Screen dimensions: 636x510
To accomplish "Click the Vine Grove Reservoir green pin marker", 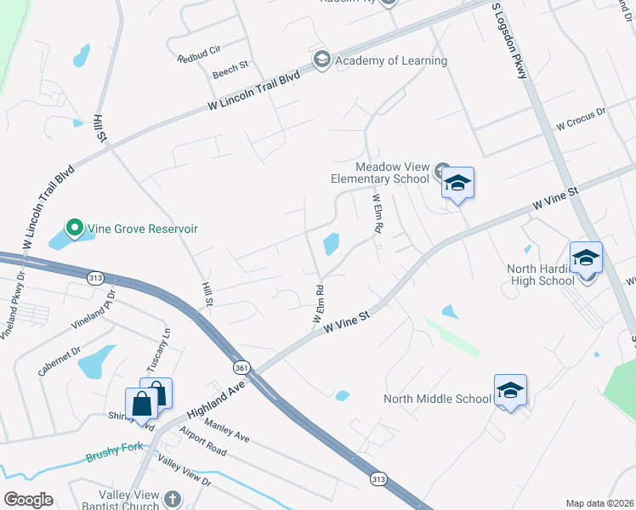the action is coord(74,228).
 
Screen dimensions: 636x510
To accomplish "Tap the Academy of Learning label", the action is coord(391,60).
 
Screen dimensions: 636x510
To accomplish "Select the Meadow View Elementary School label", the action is coord(380,173).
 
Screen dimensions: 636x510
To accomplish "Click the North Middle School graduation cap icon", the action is coord(510,390).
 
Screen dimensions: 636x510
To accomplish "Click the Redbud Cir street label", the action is coord(197,59).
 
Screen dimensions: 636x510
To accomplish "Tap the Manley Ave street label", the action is coord(227,430).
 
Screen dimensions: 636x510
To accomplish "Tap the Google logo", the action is coord(28,500).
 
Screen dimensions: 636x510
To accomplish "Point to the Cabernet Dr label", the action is coord(59,360).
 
